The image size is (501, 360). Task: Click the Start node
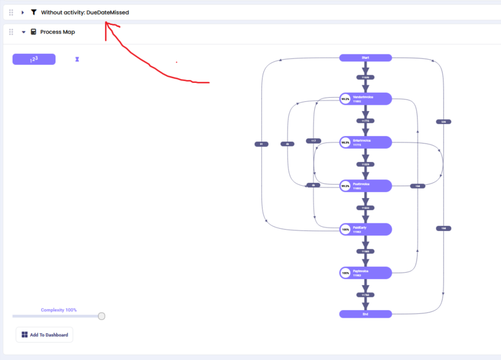[x=365, y=58]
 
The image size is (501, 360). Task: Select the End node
[x=365, y=314]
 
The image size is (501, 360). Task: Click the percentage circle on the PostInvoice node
[x=345, y=186]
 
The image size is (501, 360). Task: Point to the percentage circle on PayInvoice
[x=345, y=273]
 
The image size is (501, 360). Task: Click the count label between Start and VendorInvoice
[x=365, y=78]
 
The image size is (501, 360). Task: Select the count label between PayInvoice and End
[x=365, y=295]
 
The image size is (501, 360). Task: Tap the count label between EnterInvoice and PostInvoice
[x=365, y=164]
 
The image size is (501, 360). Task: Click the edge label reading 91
[x=261, y=144]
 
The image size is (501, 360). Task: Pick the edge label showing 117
[x=313, y=141]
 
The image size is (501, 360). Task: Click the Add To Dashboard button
[x=45, y=335]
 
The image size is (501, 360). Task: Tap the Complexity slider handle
[x=102, y=316]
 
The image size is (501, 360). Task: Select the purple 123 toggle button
[x=34, y=59]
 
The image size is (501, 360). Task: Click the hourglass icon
[x=77, y=59]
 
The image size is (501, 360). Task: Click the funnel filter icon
[x=34, y=12]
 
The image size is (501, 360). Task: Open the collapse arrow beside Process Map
[x=24, y=32]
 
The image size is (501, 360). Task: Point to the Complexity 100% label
[x=58, y=310]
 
